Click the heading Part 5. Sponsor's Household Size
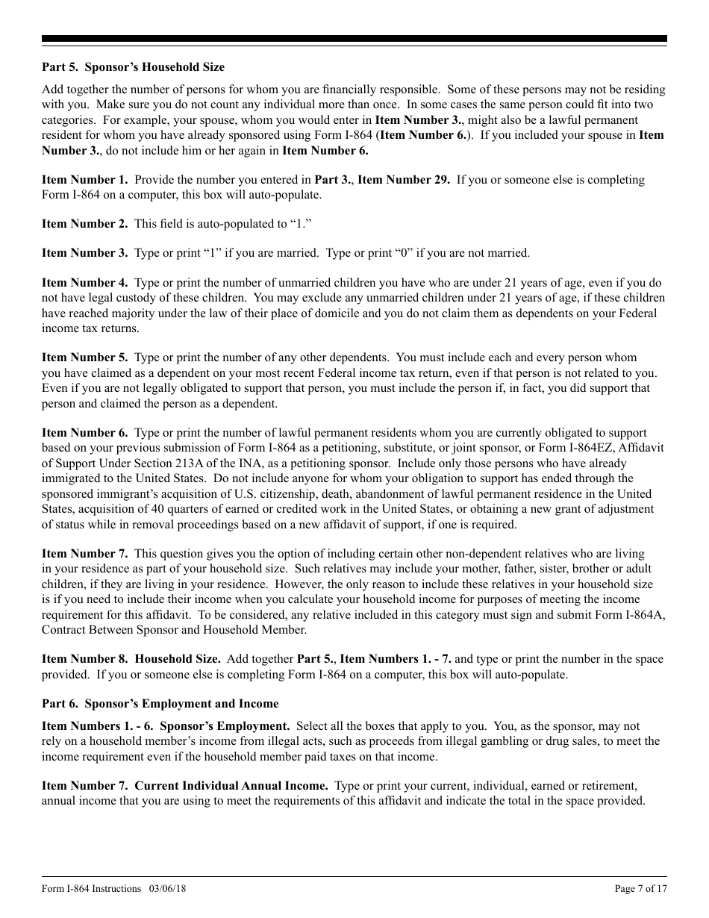click(133, 67)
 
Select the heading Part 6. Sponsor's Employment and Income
click(160, 704)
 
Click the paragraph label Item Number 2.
click(84, 224)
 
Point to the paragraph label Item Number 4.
click(84, 283)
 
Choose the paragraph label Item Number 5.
click(84, 357)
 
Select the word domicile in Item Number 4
click(384, 313)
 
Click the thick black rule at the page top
click(354, 39)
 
